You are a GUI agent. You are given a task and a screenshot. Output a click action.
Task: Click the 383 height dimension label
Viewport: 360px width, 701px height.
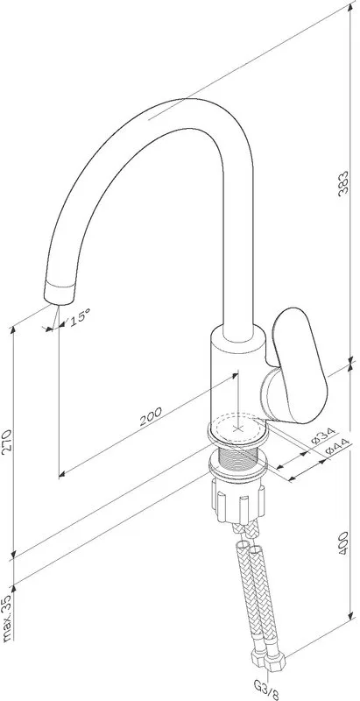tap(343, 183)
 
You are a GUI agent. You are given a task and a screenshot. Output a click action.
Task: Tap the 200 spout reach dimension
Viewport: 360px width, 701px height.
tap(151, 417)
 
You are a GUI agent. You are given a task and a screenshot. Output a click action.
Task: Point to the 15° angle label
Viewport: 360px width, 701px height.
tap(79, 317)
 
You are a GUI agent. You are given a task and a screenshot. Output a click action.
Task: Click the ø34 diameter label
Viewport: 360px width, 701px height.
tap(323, 436)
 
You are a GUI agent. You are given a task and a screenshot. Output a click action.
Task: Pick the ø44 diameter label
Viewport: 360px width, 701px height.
tap(336, 445)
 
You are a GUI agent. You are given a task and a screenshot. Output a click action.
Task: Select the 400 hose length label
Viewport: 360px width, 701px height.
tap(343, 543)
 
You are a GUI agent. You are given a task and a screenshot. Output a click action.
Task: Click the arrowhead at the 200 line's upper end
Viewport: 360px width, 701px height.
tap(235, 375)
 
